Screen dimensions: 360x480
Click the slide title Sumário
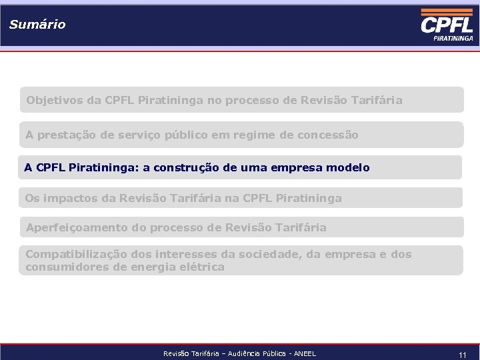click(37, 25)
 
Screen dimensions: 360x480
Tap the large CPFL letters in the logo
click(447, 25)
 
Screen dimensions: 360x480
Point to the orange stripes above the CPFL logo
click(447, 12)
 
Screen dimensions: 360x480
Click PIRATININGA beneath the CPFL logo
click(453, 39)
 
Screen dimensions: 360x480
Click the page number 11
click(462, 355)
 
